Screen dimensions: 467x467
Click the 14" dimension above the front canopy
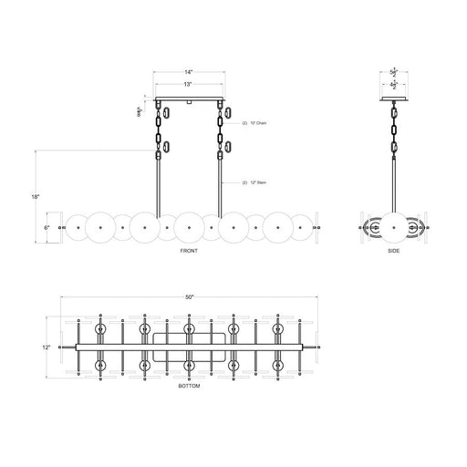(x=188, y=71)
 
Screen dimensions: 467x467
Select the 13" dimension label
(x=188, y=84)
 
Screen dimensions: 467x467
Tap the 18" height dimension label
(x=34, y=195)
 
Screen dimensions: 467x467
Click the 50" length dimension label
(x=189, y=297)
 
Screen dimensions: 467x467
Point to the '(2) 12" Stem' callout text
(x=255, y=183)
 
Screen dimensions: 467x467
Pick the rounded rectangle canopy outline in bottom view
(x=189, y=347)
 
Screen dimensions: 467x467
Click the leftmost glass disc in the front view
(x=79, y=225)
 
